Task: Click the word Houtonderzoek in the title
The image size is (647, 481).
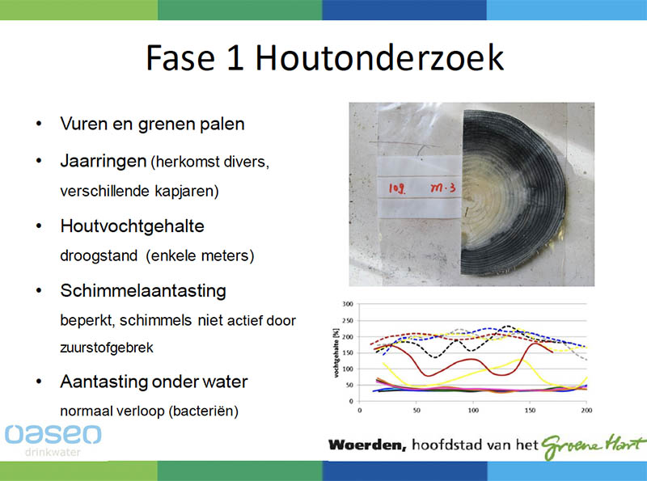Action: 379,57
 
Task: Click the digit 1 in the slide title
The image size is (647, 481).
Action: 235,57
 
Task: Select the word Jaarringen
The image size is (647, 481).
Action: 104,162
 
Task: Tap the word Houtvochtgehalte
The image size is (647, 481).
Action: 132,226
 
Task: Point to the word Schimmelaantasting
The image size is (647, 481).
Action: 143,291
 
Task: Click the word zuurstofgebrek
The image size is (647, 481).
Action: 107,348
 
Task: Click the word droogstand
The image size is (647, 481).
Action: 99,256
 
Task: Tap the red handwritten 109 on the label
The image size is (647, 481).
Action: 397,188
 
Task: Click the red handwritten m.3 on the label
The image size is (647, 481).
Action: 442,188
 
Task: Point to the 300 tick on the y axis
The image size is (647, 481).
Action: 348,304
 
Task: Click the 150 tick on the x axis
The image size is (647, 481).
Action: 530,410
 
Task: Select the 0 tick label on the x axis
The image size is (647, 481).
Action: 359,410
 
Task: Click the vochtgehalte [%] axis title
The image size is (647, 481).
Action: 336,352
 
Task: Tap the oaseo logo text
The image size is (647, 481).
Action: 53,434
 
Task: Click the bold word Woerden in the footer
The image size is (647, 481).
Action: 367,445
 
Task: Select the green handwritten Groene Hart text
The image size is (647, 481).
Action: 593,445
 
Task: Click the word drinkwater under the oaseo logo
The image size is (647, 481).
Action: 53,452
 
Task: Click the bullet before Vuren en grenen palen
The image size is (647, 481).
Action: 39,124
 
